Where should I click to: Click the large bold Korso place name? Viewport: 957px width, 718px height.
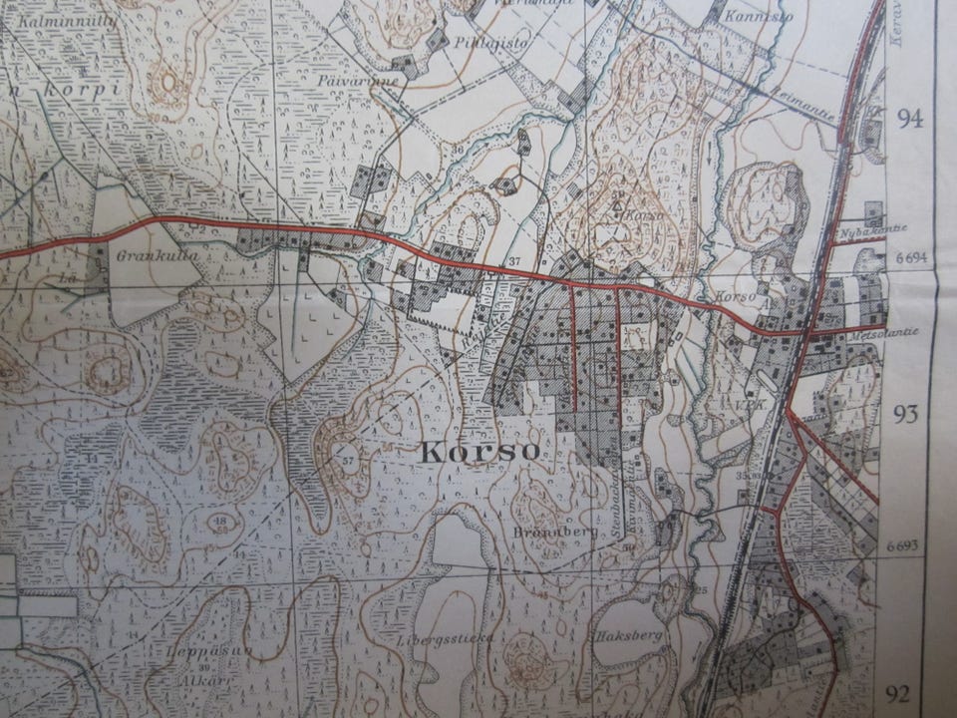point(480,451)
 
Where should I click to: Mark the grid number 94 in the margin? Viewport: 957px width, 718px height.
point(910,120)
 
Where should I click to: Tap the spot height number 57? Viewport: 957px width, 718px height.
point(347,461)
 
